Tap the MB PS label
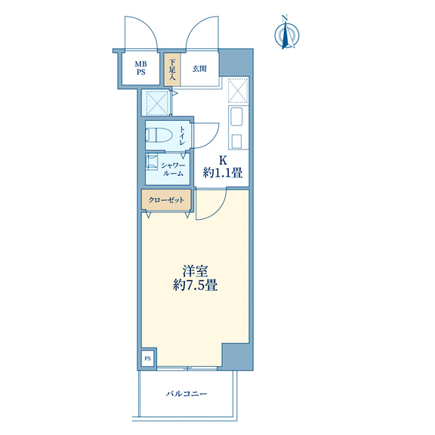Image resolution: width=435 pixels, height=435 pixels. pyautogui.click(x=140, y=68)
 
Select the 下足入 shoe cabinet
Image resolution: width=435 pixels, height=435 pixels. pyautogui.click(x=172, y=69)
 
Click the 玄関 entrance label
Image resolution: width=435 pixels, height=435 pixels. pyautogui.click(x=199, y=69)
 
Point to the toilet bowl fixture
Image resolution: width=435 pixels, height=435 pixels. pyautogui.click(x=159, y=135)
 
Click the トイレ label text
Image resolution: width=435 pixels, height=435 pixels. pyautogui.click(x=182, y=136)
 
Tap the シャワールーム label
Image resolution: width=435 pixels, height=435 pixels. pyautogui.click(x=173, y=169)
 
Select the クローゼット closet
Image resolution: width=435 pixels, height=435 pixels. pyautogui.click(x=166, y=199)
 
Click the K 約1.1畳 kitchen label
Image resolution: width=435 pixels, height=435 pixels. pyautogui.click(x=223, y=167)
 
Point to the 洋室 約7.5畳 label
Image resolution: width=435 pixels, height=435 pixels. pyautogui.click(x=195, y=278)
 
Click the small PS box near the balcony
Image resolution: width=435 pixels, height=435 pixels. pyautogui.click(x=148, y=358)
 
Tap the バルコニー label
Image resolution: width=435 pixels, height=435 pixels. pyautogui.click(x=187, y=393)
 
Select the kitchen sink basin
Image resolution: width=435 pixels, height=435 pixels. pyautogui.click(x=236, y=116)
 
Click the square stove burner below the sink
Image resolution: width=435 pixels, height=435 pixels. pyautogui.click(x=236, y=140)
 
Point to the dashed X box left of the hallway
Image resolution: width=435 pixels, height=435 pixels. pyautogui.click(x=157, y=103)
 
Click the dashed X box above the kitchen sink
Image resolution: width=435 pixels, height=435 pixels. pyautogui.click(x=238, y=91)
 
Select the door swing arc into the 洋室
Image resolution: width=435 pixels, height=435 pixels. pyautogui.click(x=217, y=212)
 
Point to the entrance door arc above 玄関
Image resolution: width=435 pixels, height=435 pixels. pyautogui.click(x=196, y=26)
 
